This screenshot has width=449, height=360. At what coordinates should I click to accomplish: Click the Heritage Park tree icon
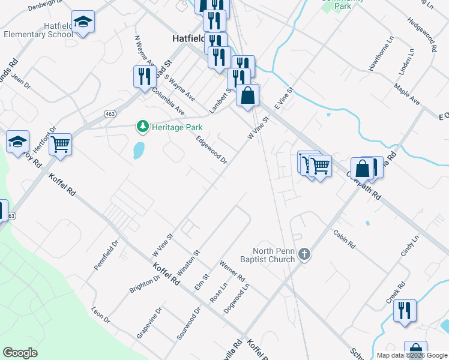click(142, 127)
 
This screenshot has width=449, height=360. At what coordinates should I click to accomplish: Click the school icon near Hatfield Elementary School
click(83, 23)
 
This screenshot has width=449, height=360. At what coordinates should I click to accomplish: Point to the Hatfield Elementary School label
click(38, 31)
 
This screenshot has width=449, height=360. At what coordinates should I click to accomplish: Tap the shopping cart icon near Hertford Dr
click(60, 144)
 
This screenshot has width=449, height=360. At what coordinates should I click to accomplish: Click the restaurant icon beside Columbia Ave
click(145, 77)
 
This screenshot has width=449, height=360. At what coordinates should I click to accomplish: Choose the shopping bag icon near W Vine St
click(247, 95)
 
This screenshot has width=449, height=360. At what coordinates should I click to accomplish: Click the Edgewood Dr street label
click(212, 149)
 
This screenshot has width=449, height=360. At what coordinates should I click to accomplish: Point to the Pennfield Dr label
click(106, 255)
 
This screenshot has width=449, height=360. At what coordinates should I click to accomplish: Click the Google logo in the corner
click(20, 353)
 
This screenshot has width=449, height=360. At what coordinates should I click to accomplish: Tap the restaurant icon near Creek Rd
click(405, 311)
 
